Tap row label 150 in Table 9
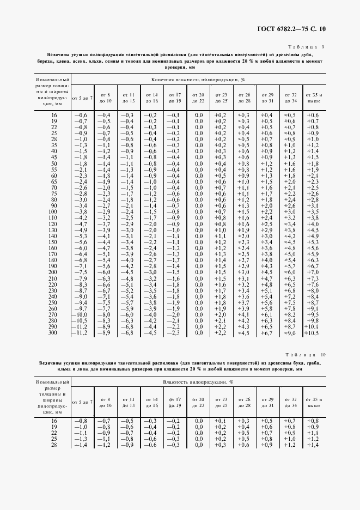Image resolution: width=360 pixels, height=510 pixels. pyautogui.click(x=53, y=241)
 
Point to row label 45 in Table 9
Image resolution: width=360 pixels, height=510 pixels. pyautogui.click(x=53, y=157)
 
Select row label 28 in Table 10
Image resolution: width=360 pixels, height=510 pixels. pyautogui.click(x=53, y=445)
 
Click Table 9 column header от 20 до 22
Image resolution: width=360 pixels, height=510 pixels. pyautogui.click(x=198, y=98)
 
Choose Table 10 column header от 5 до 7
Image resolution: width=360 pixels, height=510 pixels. pyautogui.click(x=82, y=402)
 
